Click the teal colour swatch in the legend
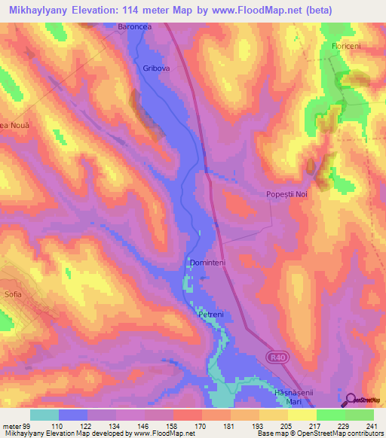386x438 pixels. click(44, 415)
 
